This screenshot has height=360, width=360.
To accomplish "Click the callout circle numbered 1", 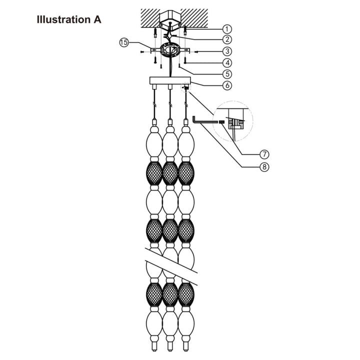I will [x=227, y=28].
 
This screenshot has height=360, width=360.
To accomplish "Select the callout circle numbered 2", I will [x=227, y=39].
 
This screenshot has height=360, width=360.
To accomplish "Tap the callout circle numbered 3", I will [x=227, y=51].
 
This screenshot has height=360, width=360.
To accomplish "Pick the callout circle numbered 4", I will [x=227, y=63].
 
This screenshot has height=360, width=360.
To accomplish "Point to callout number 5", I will [x=227, y=73].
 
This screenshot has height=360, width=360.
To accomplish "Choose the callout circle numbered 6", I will [x=227, y=85].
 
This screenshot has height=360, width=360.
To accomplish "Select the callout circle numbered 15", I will [x=124, y=42].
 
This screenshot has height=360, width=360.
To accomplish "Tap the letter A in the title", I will [x=97, y=20].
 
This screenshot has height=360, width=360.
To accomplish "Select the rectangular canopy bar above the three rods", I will [x=170, y=80].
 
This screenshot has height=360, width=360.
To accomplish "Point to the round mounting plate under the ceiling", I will [x=170, y=50].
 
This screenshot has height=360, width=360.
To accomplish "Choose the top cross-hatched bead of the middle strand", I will [x=170, y=173].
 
